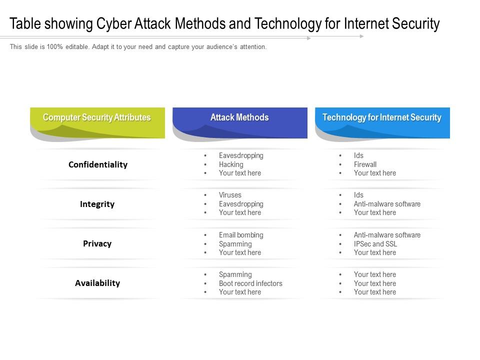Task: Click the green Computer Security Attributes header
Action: pyautogui.click(x=97, y=118)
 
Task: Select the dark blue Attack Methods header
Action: pyautogui.click(x=239, y=118)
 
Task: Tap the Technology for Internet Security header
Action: pyautogui.click(x=382, y=118)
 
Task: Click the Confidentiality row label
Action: pyautogui.click(x=98, y=164)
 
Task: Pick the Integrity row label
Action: pyautogui.click(x=97, y=204)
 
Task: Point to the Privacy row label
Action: pyautogui.click(x=97, y=243)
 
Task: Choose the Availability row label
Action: pyautogui.click(x=97, y=283)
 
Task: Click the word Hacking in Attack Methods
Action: pyautogui.click(x=231, y=164)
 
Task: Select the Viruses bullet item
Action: pyautogui.click(x=230, y=195)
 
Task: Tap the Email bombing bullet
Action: pyautogui.click(x=241, y=235)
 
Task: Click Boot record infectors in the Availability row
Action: pyautogui.click(x=250, y=283)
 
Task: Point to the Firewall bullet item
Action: pyautogui.click(x=365, y=164)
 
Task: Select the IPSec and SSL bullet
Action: pyautogui.click(x=375, y=244)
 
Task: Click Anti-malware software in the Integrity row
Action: pyautogui.click(x=387, y=204)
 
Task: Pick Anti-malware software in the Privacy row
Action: pyautogui.click(x=387, y=235)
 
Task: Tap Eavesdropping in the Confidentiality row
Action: pyautogui.click(x=241, y=155)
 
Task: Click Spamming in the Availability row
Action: pyautogui.click(x=235, y=274)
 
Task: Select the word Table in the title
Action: pyautogui.click(x=25, y=24)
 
